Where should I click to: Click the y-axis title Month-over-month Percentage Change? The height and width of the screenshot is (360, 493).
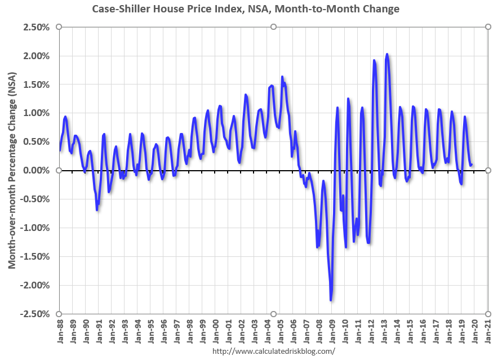12,170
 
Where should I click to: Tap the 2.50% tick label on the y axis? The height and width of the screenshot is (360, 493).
36,28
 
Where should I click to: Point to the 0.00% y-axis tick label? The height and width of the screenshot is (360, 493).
36,170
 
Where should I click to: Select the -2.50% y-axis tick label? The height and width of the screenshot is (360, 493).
34,313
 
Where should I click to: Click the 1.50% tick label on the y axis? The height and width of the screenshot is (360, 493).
36,85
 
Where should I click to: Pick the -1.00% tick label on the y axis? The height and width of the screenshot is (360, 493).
34,228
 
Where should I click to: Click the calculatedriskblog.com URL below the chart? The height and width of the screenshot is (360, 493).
273,351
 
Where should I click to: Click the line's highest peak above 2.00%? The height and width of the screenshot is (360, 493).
387,54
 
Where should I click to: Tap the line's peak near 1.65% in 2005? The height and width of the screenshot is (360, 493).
282,77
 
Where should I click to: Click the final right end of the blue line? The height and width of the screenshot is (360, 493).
472,165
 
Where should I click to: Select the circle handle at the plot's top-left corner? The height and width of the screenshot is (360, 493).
59,27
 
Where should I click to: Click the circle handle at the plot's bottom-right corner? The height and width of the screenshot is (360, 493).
487,314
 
